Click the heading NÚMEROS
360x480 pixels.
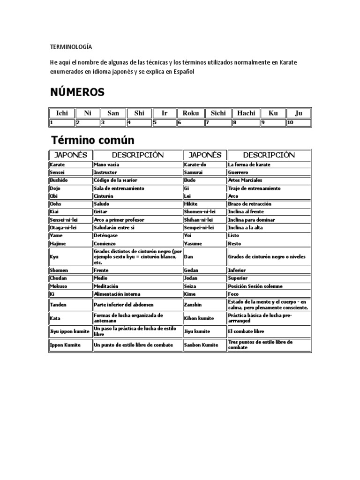77,92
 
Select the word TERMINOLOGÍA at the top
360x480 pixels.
71,47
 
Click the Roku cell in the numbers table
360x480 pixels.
191,113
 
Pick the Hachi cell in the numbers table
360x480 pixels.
246,113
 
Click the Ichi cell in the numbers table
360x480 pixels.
62,113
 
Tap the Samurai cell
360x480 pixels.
194,172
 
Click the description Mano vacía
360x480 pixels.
107,165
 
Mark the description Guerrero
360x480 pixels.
239,172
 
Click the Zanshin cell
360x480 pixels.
193,304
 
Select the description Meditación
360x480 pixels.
106,286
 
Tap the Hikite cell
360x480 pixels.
192,204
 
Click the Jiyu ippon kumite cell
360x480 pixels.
69,331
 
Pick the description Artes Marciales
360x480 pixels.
245,180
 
